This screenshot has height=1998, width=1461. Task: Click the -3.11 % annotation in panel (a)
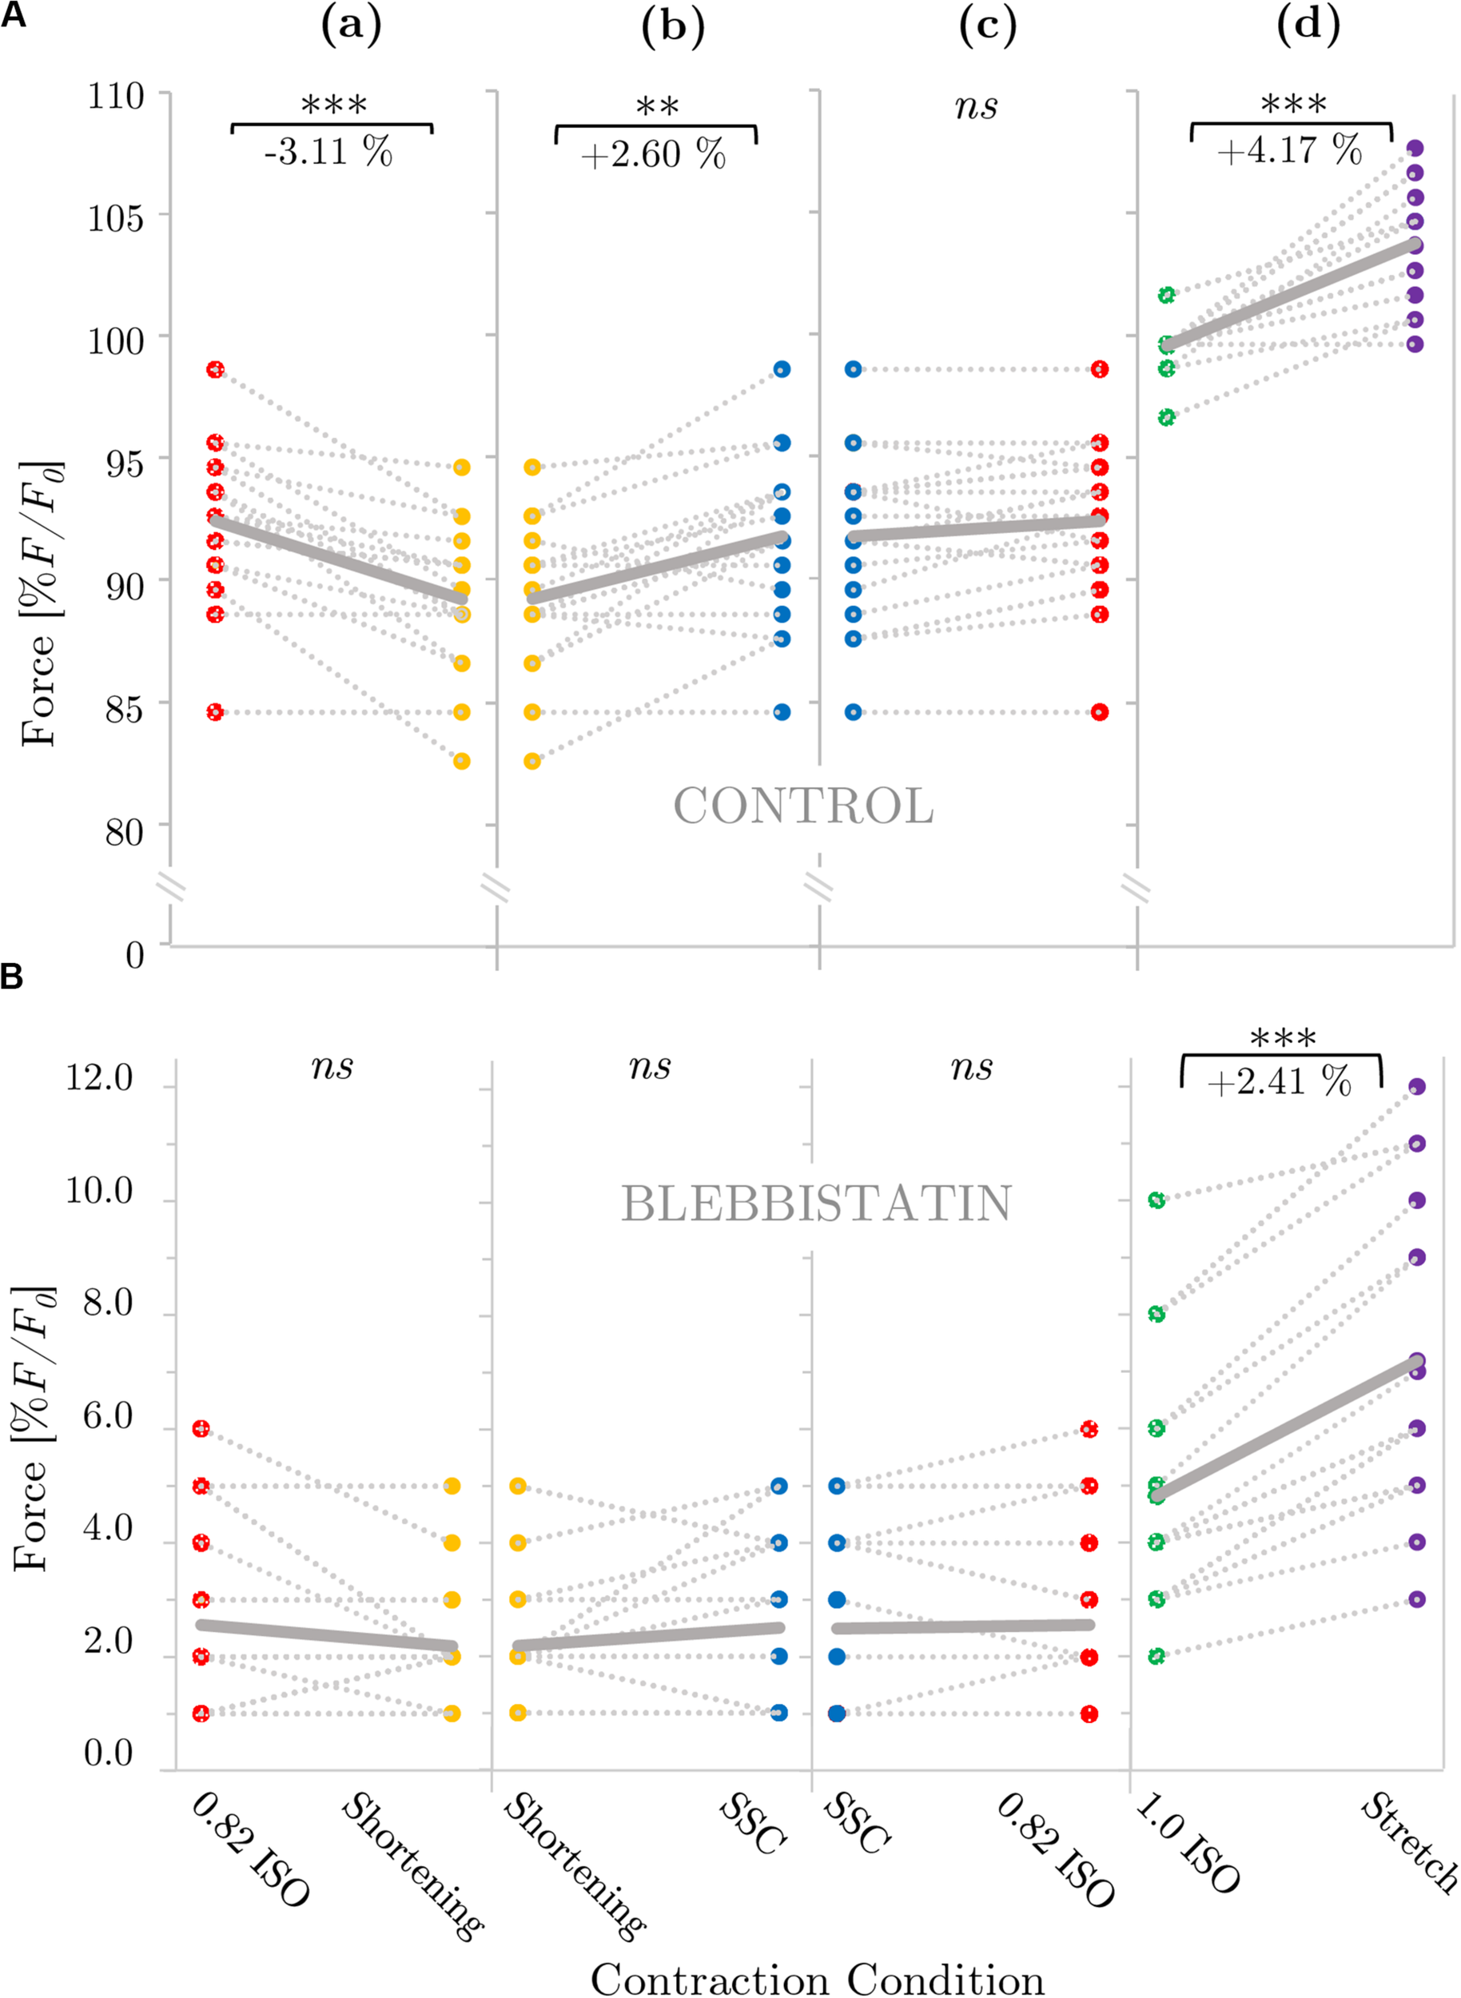pyautogui.click(x=328, y=151)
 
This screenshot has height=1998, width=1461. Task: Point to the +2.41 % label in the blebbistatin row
pyautogui.click(x=1279, y=1081)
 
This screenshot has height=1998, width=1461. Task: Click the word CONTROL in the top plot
pyautogui.click(x=803, y=806)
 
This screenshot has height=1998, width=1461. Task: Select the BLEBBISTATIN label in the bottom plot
pyautogui.click(x=815, y=1204)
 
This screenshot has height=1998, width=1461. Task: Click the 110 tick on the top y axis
pyautogui.click(x=115, y=96)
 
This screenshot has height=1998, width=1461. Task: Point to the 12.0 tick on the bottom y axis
pyautogui.click(x=99, y=1078)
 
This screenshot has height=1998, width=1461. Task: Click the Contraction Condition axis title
pyautogui.click(x=816, y=1978)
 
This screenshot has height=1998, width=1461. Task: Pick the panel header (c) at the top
pyautogui.click(x=987, y=26)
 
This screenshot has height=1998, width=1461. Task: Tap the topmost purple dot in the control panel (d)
pyautogui.click(x=1415, y=148)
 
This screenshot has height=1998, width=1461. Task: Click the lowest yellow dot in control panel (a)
pyautogui.click(x=462, y=761)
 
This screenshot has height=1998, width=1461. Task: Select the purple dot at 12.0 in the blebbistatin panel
pyautogui.click(x=1416, y=1086)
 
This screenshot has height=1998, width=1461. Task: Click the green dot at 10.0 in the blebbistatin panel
pyautogui.click(x=1156, y=1200)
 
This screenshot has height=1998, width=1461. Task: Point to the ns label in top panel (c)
pyautogui.click(x=977, y=106)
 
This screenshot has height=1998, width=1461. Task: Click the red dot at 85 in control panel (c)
pyautogui.click(x=1099, y=712)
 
